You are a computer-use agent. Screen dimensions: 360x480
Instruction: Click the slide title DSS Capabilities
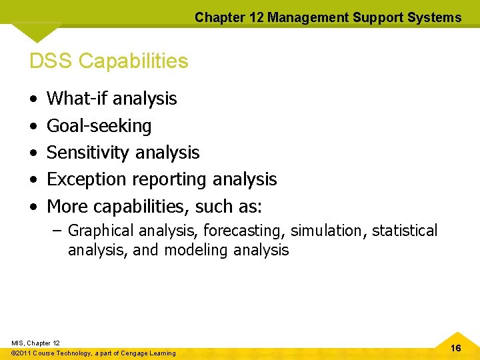click(109, 61)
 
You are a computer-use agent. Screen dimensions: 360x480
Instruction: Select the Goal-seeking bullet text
click(99, 126)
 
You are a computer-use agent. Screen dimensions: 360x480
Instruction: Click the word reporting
click(170, 180)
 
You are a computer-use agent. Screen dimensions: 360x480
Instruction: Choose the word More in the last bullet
click(67, 206)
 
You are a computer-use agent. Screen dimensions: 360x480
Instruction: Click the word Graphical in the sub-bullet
click(101, 231)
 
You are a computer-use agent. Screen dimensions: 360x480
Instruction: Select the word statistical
click(405, 231)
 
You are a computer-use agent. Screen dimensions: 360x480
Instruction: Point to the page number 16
click(456, 348)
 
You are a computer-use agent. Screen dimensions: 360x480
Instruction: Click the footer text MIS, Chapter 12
click(35, 343)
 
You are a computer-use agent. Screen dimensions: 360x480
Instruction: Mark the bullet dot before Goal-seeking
click(33, 126)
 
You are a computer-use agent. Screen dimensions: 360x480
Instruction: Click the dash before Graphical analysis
click(57, 231)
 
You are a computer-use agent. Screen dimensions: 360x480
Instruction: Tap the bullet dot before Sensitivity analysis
click(33, 153)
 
